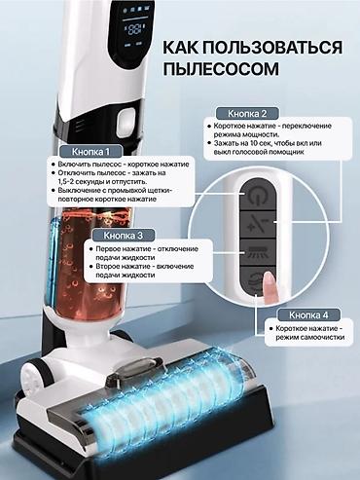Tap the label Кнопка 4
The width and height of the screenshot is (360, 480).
pos(304,315)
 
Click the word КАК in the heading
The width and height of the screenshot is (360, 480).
pos(182,49)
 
